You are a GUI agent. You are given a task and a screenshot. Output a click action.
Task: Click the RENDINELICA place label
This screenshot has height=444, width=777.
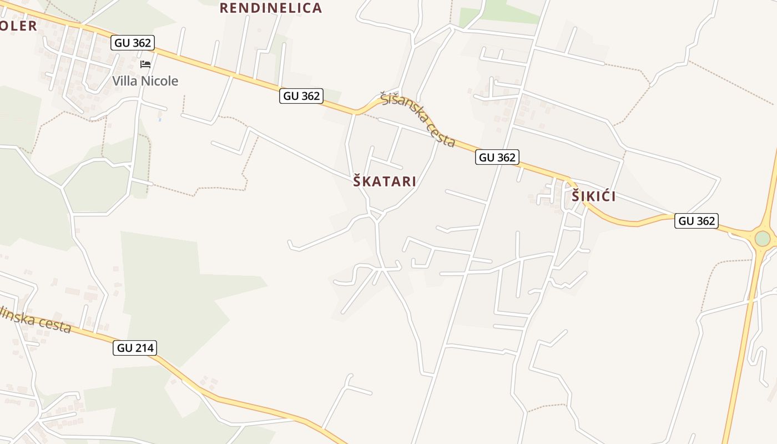coord(270,8)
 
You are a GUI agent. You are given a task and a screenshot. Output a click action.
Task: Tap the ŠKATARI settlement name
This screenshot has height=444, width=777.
coord(385,181)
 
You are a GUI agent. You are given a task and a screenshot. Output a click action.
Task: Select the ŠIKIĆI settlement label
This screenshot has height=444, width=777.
coord(593,196)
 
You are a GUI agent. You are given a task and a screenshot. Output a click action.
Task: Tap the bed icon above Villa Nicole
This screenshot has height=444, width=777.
coord(145,64)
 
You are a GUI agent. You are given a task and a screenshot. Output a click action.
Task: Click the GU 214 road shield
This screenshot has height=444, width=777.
coord(135,348)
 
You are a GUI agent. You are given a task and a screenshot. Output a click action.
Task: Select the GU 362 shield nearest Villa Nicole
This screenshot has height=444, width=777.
coord(132,43)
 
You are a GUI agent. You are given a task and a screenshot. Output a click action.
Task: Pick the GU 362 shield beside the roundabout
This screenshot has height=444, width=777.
coord(697,221)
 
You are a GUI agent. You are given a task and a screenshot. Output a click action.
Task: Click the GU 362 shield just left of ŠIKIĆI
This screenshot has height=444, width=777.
coord(497,157)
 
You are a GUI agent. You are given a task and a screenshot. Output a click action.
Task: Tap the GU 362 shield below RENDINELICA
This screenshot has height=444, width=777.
coord(301,96)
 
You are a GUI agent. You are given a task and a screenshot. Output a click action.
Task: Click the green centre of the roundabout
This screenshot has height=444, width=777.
coord(762,239)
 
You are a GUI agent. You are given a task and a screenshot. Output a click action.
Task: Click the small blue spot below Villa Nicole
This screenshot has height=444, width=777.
coord(160,119)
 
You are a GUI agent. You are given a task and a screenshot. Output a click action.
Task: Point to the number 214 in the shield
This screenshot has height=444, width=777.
coord(143,348)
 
